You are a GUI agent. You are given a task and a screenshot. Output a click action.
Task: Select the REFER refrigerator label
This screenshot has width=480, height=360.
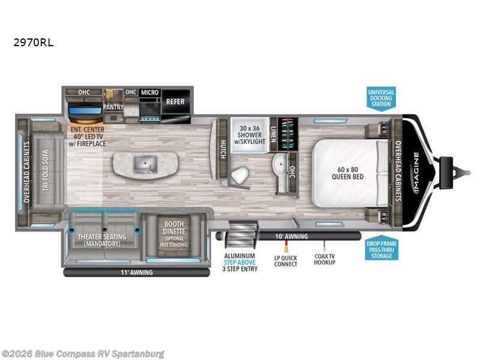click(x=175, y=101)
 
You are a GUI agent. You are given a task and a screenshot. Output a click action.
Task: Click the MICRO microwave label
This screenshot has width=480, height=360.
click(x=149, y=92)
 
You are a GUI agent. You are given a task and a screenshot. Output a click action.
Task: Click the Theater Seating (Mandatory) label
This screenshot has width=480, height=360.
click(x=103, y=239)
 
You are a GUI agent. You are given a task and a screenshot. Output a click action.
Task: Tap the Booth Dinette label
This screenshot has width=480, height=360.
click(x=173, y=233)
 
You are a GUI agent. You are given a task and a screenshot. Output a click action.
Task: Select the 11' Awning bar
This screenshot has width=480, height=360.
click(x=136, y=273)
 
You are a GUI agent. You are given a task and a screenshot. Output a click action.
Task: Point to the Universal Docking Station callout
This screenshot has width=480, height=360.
click(x=381, y=98)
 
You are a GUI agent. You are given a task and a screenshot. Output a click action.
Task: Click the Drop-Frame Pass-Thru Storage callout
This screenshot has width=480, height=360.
click(x=381, y=249)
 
